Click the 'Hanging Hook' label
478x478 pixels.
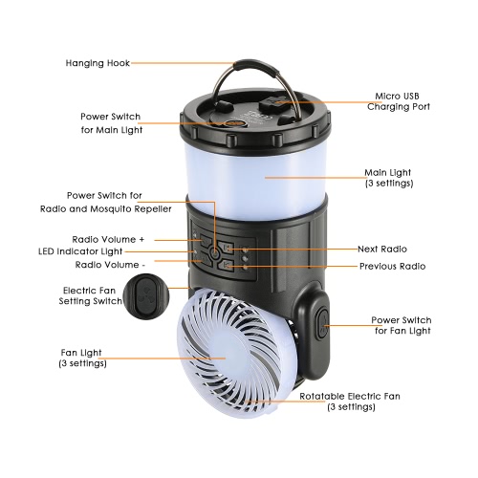tap(98, 63)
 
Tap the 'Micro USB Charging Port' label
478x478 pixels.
tap(399, 101)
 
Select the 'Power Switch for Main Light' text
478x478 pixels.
tap(111, 123)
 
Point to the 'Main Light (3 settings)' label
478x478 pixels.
tap(389, 178)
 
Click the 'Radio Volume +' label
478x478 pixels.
tap(108, 239)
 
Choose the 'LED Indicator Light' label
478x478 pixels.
tap(80, 251)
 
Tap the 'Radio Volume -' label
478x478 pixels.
tap(110, 265)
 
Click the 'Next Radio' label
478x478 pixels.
tap(382, 249)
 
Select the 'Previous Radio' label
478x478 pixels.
tap(392, 266)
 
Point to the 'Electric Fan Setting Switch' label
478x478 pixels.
tap(91, 295)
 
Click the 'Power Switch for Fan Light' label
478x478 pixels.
tap(402, 325)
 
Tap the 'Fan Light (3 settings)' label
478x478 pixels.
tap(82, 358)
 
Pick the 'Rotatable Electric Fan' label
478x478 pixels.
tap(350, 397)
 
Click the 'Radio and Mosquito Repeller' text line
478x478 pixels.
tap(106, 209)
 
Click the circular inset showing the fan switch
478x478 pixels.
tap(146, 296)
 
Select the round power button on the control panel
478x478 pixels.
tap(215, 254)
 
